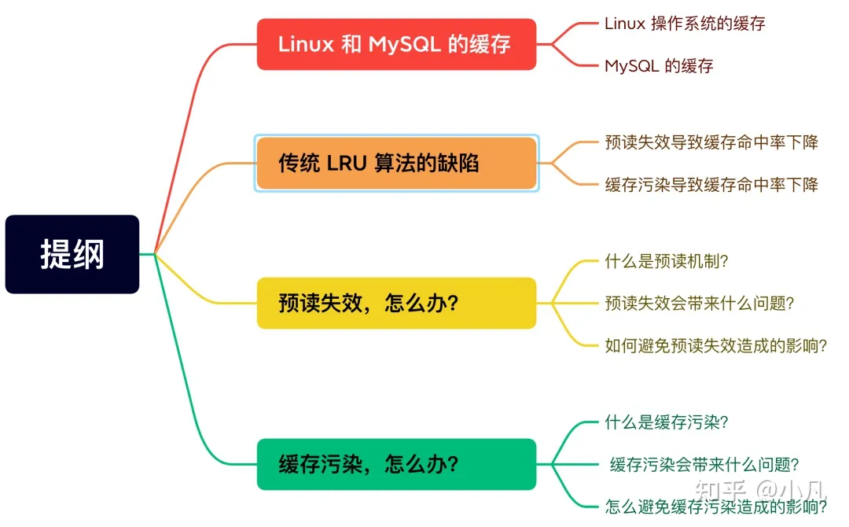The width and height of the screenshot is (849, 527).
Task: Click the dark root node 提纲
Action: click(72, 255)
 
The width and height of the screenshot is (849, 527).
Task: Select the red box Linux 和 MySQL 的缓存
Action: click(396, 44)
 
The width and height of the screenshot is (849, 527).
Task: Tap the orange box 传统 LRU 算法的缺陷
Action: click(396, 163)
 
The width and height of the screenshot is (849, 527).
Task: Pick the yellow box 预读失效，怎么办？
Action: click(396, 303)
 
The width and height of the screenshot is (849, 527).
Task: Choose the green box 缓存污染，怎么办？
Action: click(396, 464)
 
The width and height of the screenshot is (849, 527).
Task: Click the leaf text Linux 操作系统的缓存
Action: click(685, 24)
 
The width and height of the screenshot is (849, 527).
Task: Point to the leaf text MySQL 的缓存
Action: click(659, 66)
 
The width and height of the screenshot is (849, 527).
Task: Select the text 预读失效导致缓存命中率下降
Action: click(711, 142)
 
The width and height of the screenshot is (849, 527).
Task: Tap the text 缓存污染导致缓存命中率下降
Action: click(711, 185)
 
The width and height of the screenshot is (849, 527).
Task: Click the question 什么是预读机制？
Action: click(667, 261)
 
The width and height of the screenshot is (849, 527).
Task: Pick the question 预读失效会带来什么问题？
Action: click(700, 303)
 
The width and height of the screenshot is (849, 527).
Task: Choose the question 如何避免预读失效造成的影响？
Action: click(716, 345)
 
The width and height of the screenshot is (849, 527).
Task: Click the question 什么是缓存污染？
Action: click(667, 422)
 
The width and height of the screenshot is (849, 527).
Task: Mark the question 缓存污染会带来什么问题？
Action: click(704, 465)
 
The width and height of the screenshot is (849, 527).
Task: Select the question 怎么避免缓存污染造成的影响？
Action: click(716, 507)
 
